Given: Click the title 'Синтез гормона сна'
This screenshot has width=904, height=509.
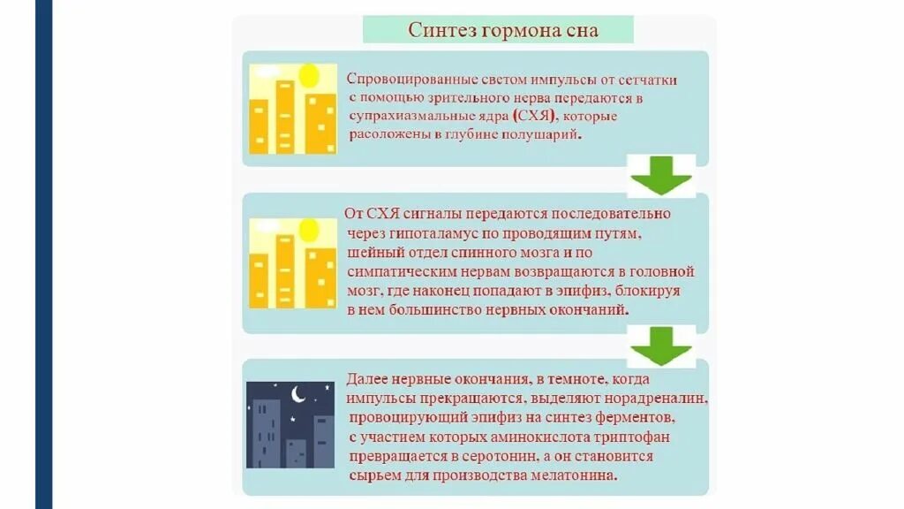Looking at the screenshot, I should (x=502, y=30).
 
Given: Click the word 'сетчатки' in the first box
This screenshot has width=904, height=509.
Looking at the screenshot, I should (x=648, y=80).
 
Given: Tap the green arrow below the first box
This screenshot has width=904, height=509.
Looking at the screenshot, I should (x=660, y=177).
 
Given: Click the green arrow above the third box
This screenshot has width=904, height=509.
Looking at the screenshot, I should (x=660, y=346).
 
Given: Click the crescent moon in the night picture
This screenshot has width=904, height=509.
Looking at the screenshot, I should (x=298, y=395).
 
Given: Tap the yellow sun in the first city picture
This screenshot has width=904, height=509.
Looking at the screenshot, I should (x=308, y=77).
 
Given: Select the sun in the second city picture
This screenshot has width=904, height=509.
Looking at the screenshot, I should (x=308, y=231).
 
